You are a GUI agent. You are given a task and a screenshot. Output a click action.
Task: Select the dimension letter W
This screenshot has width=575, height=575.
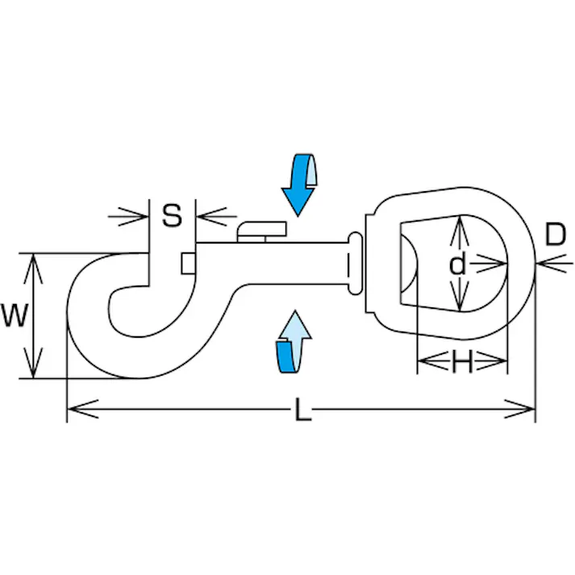point(15,315)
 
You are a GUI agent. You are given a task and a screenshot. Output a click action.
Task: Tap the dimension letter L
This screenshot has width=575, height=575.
point(302,410)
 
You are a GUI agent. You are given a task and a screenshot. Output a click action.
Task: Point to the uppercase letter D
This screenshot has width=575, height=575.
point(555,235)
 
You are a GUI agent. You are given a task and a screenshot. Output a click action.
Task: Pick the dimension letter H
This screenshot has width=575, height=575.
point(461,364)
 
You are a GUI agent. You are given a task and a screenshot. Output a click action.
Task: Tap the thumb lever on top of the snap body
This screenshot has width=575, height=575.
point(262,230)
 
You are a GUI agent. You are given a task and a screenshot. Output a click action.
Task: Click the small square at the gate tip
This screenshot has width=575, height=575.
point(188,263)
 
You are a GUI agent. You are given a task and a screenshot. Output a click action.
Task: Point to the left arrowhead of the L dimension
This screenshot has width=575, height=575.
point(74,410)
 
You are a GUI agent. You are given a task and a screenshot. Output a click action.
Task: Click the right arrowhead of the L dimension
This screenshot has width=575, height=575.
point(527,410)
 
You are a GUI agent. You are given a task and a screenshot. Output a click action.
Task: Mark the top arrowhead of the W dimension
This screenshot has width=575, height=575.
point(32,260)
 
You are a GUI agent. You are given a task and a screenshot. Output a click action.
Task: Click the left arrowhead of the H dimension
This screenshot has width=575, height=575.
point(423,364)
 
